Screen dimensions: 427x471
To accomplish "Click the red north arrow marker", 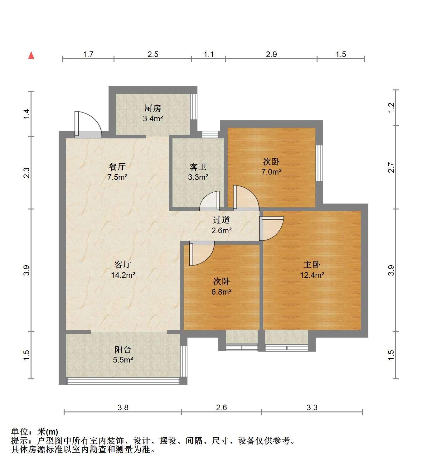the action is [31, 55].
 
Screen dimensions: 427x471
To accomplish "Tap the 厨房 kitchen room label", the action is [153, 108].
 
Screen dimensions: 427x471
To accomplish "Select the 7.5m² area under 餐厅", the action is [117, 177].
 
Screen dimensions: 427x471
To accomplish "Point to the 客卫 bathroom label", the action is [198, 167].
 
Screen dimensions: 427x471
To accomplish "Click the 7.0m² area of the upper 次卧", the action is [271, 172].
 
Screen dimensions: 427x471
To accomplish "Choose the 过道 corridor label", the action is [221, 220].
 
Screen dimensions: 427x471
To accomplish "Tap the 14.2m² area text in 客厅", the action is [123, 275].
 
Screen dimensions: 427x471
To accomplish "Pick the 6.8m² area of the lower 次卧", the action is [221, 292].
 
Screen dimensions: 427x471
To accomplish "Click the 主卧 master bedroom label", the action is [312, 265].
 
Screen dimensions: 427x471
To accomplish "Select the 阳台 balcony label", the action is [123, 350].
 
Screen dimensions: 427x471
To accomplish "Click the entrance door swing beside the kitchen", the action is [88, 124].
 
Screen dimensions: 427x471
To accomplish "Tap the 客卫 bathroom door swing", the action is [210, 200].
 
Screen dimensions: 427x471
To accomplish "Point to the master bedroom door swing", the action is [272, 228].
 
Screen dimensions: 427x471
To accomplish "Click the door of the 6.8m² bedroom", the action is [202, 253].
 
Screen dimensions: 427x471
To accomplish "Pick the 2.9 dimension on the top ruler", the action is [271, 55].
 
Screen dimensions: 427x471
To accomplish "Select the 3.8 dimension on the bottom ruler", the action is [123, 407].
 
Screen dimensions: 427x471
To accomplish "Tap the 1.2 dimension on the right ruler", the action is [391, 108].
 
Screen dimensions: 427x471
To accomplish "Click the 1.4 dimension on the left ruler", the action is [26, 114].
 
